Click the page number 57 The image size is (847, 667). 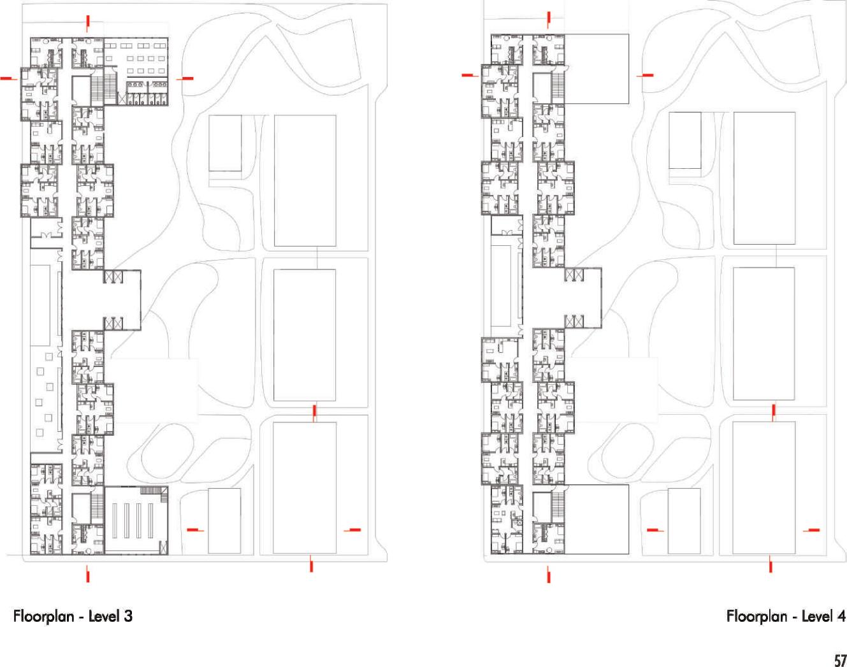pyautogui.click(x=839, y=660)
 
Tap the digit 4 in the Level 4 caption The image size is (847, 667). pyautogui.click(x=841, y=616)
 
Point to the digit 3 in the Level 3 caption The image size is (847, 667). pyautogui.click(x=129, y=616)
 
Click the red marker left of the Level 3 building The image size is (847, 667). pyautogui.click(x=8, y=78)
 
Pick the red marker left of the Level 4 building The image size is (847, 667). pyautogui.click(x=469, y=75)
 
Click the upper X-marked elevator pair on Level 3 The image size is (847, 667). pyautogui.click(x=113, y=276)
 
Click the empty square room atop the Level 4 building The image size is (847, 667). pyautogui.click(x=597, y=69)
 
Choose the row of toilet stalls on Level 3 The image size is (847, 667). pyautogui.click(x=147, y=94)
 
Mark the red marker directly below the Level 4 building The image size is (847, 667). pyautogui.click(x=549, y=576)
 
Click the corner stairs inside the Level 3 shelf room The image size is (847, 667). pyautogui.click(x=154, y=491)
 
